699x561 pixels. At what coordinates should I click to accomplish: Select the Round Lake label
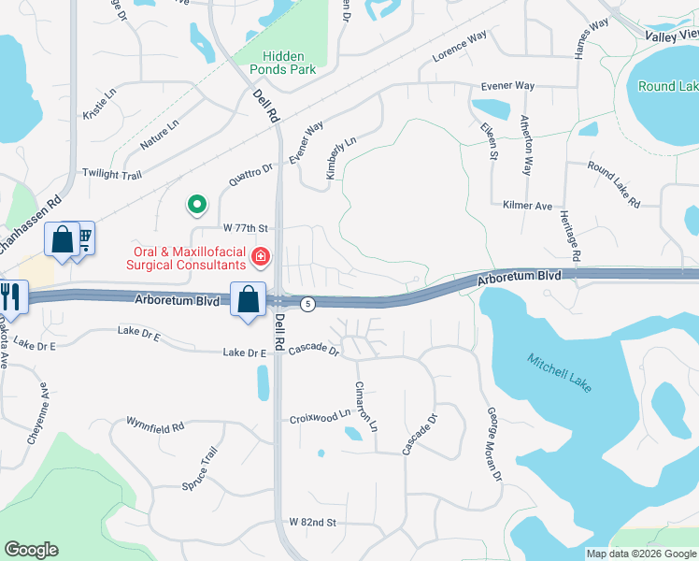click(667, 86)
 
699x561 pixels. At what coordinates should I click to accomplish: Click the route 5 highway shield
click(307, 303)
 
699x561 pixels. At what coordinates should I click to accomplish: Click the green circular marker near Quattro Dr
click(196, 203)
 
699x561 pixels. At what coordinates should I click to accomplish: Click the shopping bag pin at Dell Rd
click(249, 300)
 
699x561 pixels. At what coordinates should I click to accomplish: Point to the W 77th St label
click(245, 228)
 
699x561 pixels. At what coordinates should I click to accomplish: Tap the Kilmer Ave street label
click(527, 206)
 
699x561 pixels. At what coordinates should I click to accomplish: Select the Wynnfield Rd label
click(155, 426)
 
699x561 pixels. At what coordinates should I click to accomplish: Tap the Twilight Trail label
click(110, 174)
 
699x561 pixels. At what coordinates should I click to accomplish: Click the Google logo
click(31, 550)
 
